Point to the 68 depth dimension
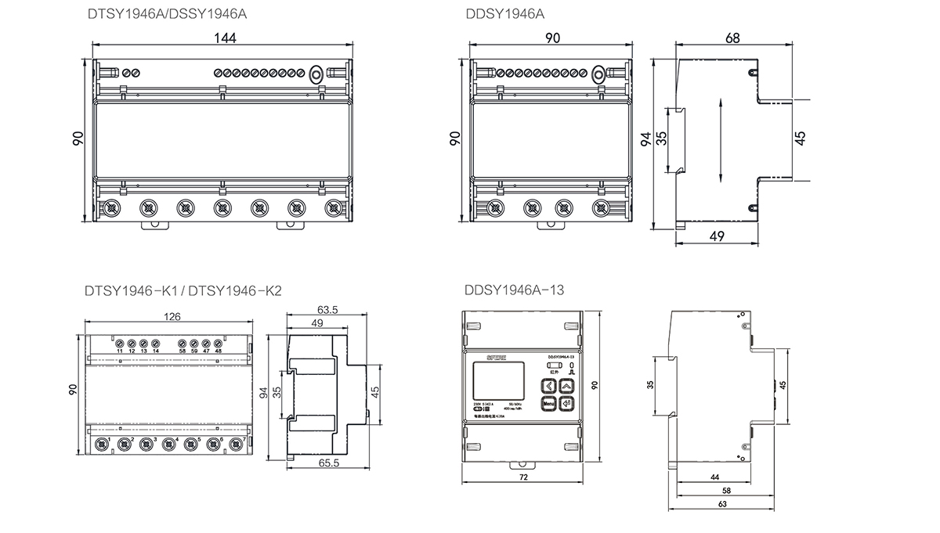click(x=733, y=38)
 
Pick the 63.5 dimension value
click(x=328, y=310)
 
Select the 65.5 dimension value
click(x=328, y=463)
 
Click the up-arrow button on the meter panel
click(x=566, y=385)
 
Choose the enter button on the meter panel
click(x=566, y=404)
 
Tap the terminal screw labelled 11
click(x=120, y=343)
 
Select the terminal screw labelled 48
click(x=218, y=343)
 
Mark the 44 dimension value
click(x=715, y=476)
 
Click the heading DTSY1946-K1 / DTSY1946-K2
click(x=182, y=290)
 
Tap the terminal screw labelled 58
click(x=182, y=343)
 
